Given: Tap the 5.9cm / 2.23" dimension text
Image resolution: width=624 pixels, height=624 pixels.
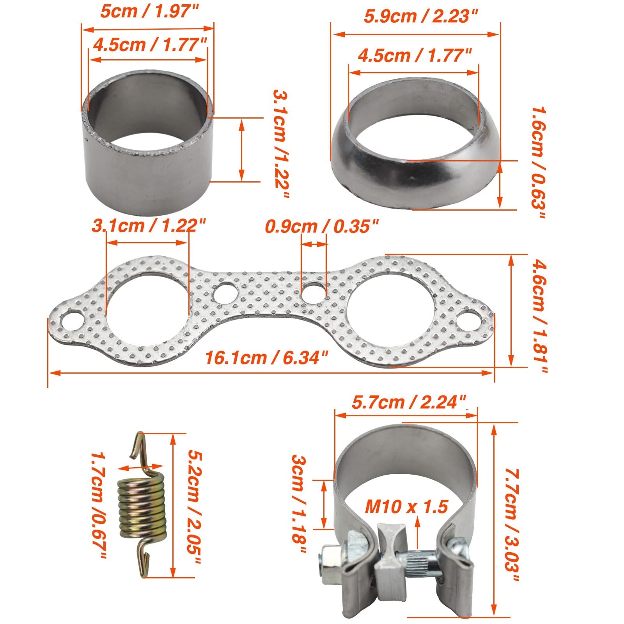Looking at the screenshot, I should (x=421, y=17).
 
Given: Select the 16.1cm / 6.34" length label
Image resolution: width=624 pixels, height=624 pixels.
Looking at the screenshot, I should (x=267, y=357).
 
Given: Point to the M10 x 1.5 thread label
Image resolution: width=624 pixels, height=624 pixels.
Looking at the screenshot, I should (x=406, y=507).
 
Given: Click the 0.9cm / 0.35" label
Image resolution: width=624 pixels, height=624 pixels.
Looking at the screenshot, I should (x=322, y=226).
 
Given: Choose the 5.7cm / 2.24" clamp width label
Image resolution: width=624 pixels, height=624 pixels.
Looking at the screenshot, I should (x=409, y=402).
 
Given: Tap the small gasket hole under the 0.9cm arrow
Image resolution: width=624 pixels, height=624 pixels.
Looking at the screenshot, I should (x=314, y=292).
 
